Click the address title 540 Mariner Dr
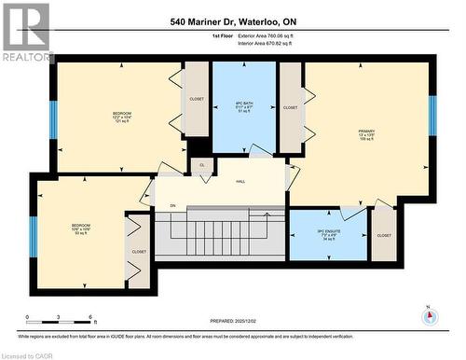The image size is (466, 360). pos(234,21)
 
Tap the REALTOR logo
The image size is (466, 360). pos(25,33)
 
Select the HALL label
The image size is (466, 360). pos(240,182)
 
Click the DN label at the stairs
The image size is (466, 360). pos(171,205)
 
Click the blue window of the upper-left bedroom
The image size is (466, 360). pos(53,119)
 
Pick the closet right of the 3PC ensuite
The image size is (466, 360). pos(384,236)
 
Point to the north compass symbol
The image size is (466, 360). pos(429,315)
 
